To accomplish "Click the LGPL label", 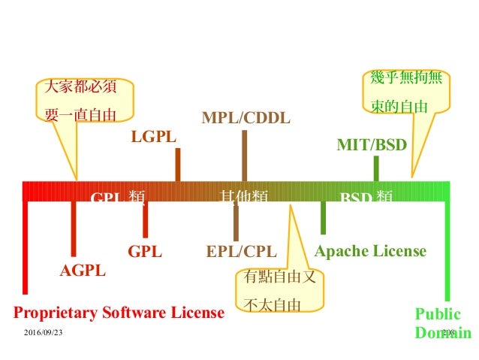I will click(x=153, y=138).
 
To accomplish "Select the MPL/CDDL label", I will click(x=246, y=118).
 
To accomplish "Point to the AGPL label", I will click(x=83, y=271).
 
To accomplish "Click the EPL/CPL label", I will click(x=242, y=251).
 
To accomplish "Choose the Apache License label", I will click(x=370, y=251).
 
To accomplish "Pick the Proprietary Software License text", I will click(x=119, y=312).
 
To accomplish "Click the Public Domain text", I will click(x=442, y=323).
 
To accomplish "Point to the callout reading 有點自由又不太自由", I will click(x=279, y=289).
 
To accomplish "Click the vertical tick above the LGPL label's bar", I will click(x=177, y=164).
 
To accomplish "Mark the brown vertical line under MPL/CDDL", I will click(x=244, y=156).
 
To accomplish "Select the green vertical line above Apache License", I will click(x=323, y=218).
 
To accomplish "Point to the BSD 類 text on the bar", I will click(x=366, y=197).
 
